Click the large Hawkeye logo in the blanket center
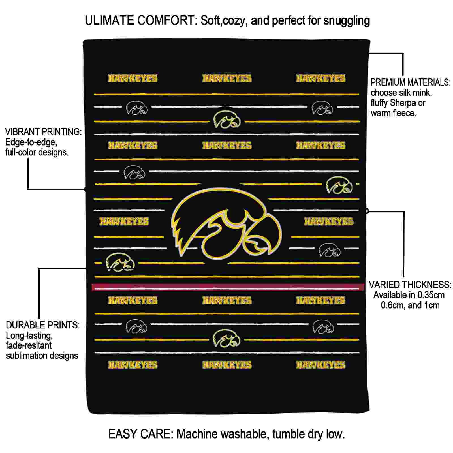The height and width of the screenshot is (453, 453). pos(226,224)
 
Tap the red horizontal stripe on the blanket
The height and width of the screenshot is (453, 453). pos(228,287)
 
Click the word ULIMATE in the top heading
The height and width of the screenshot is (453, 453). pos(109,21)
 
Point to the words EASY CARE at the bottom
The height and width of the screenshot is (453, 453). pos(140,434)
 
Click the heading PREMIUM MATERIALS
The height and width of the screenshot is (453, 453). pos(411,82)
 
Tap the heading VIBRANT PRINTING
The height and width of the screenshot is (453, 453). pos(43,132)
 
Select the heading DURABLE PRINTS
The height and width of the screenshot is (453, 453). pos(43,325)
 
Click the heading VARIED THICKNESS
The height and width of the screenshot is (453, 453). pos(410,285)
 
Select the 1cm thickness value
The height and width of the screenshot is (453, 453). pos(431,305)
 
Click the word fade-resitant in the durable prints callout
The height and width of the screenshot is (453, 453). pos(29,345)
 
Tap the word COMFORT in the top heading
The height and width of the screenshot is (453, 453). pos(166,21)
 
